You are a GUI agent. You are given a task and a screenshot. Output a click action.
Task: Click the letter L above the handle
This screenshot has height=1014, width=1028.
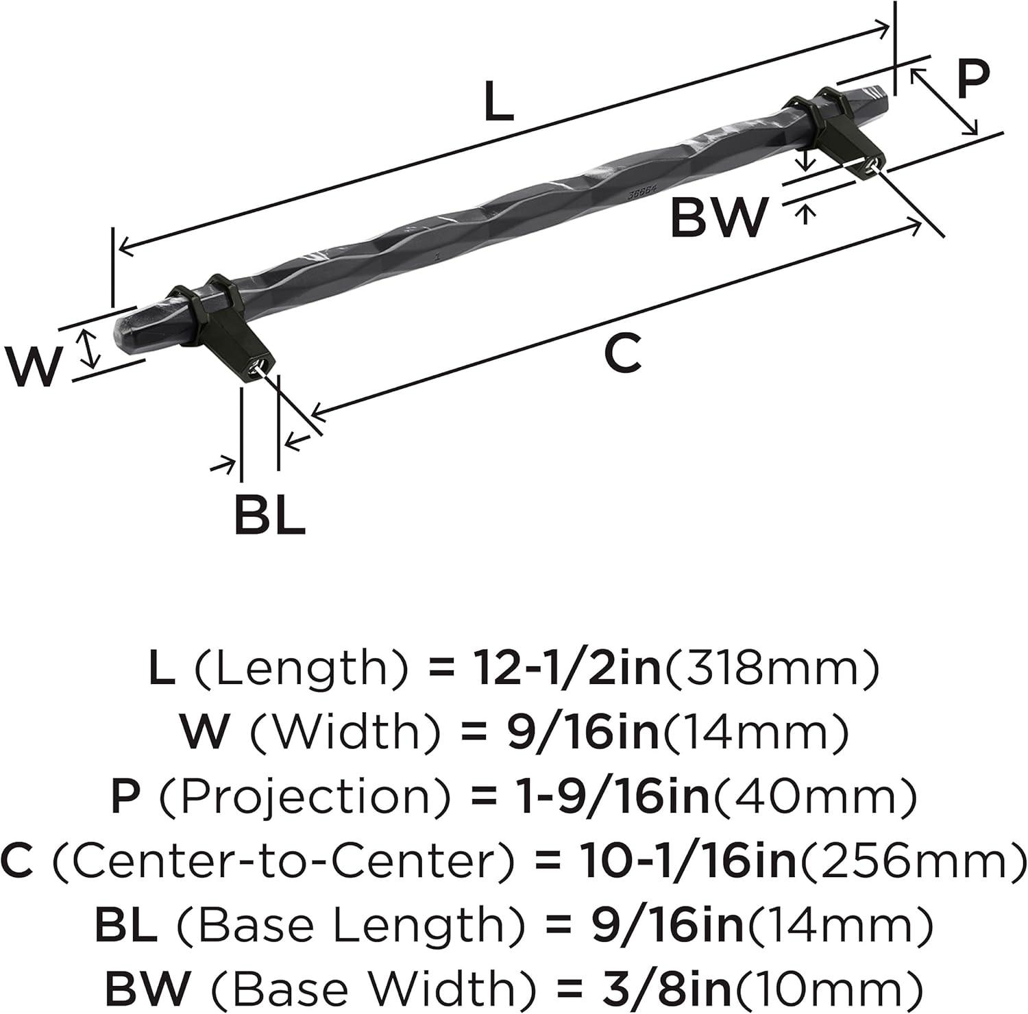click(x=498, y=101)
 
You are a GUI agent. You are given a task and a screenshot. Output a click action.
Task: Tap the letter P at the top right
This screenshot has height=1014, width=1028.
click(x=973, y=80)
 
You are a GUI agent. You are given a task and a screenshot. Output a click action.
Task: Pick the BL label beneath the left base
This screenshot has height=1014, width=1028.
click(x=269, y=514)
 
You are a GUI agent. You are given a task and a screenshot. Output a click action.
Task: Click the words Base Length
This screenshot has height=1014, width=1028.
click(x=353, y=924)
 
